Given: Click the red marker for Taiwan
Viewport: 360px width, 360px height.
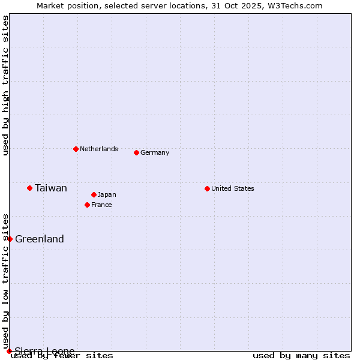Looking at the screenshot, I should [29, 188].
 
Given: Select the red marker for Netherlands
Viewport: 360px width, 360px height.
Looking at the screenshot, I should [76, 149].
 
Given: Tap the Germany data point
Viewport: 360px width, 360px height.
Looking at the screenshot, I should [136, 152].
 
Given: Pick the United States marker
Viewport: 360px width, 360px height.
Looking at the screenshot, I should [207, 188].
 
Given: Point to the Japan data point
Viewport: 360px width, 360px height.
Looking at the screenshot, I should [94, 194].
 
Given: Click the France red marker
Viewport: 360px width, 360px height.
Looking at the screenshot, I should [87, 205].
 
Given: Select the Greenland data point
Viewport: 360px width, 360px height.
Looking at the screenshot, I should [10, 239].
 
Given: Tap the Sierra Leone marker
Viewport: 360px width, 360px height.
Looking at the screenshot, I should [9, 351].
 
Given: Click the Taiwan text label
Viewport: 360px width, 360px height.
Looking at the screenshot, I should [51, 188].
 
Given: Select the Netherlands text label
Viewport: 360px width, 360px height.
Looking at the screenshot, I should [99, 149].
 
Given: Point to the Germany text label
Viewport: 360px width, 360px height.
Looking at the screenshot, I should [155, 152].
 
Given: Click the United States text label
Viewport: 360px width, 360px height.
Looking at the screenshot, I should [233, 188].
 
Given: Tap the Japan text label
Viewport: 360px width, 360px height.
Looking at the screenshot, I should [107, 194].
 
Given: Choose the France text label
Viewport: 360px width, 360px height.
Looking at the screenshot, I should [101, 205].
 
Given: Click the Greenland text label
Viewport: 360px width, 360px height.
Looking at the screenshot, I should [40, 239].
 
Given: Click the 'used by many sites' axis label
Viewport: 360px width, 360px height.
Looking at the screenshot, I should [301, 355].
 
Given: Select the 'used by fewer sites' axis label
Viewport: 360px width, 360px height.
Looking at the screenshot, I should [62, 355].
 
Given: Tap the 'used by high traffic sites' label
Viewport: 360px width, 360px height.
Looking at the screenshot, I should [5, 85].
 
